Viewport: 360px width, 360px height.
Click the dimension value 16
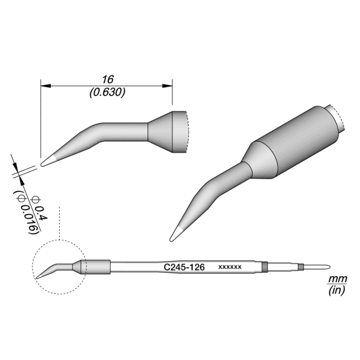[x=107, y=79]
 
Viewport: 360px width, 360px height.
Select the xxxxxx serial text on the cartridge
[x=230, y=267]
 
